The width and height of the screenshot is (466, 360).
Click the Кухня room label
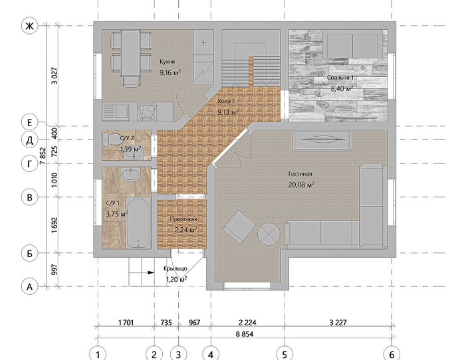pos(167,62)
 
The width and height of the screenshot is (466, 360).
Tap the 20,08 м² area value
pos(301,185)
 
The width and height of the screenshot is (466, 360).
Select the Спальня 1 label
pos(340,78)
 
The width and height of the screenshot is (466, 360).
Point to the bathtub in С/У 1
pos(138,223)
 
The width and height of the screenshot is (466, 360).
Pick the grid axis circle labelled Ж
pos(29,26)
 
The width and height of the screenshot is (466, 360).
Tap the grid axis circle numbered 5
pos(285,354)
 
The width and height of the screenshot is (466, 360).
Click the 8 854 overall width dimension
pos(244,334)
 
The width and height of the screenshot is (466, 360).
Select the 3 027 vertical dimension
pos(55,76)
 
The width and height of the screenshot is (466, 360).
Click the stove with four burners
pos(147,112)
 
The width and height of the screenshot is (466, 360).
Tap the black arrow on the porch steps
pos(151,272)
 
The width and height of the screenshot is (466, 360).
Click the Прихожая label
pos(183,219)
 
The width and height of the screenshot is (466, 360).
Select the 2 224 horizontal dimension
pos(247,322)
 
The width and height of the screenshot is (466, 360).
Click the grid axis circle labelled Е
pos(29,123)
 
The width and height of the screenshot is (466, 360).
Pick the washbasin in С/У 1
pos(130,174)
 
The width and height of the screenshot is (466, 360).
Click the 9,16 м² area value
pos(170,72)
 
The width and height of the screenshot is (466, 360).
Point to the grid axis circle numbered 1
pos(98,354)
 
